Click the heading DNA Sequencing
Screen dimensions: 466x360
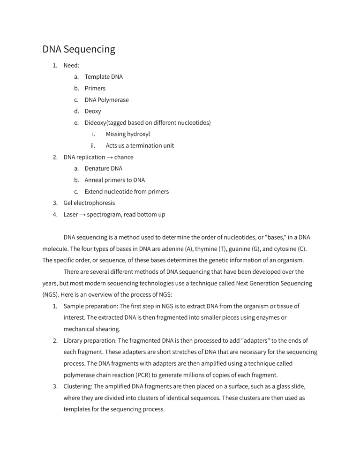click(79, 49)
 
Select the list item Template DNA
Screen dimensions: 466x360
click(104, 76)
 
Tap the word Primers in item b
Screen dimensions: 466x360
click(95, 88)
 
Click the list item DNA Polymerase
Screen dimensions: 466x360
click(106, 100)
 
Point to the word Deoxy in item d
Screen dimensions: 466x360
click(93, 111)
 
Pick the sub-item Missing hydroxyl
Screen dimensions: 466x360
click(127, 134)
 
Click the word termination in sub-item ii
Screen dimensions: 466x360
click(143, 145)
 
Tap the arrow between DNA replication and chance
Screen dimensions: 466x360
click(107, 157)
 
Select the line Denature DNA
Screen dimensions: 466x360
click(103, 168)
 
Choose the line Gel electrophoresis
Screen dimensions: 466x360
click(89, 203)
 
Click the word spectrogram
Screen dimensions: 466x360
click(105, 215)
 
